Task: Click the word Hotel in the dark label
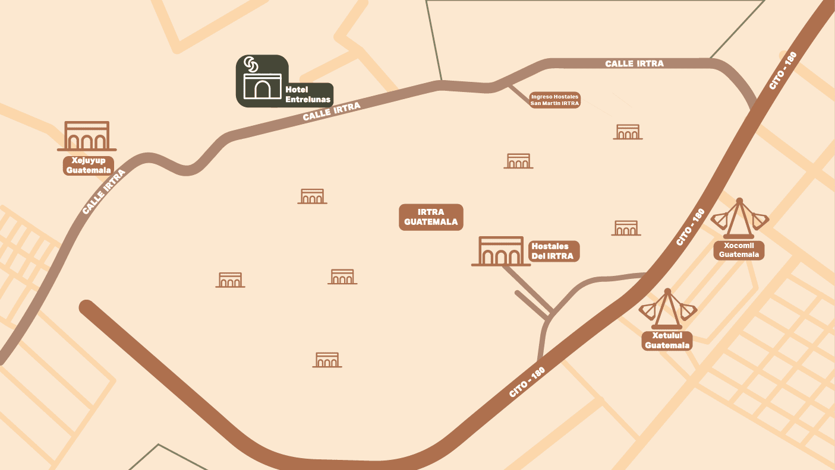[297, 90]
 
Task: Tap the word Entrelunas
[308, 99]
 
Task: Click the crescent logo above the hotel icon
[251, 64]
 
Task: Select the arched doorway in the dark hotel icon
[262, 89]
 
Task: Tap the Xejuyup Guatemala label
[89, 166]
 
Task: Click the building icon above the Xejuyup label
[87, 136]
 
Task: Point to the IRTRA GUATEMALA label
[431, 217]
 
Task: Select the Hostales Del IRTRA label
[553, 251]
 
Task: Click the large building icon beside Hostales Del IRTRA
[501, 252]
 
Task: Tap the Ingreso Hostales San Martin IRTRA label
[554, 100]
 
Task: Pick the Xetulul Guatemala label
[667, 341]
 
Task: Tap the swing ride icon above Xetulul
[667, 309]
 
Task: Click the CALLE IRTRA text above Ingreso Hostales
[634, 63]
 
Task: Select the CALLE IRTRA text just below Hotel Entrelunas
[331, 112]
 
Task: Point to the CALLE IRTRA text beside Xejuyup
[105, 192]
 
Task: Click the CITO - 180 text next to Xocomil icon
[691, 227]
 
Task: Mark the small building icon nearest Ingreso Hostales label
[628, 132]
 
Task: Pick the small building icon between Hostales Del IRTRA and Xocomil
[626, 228]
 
